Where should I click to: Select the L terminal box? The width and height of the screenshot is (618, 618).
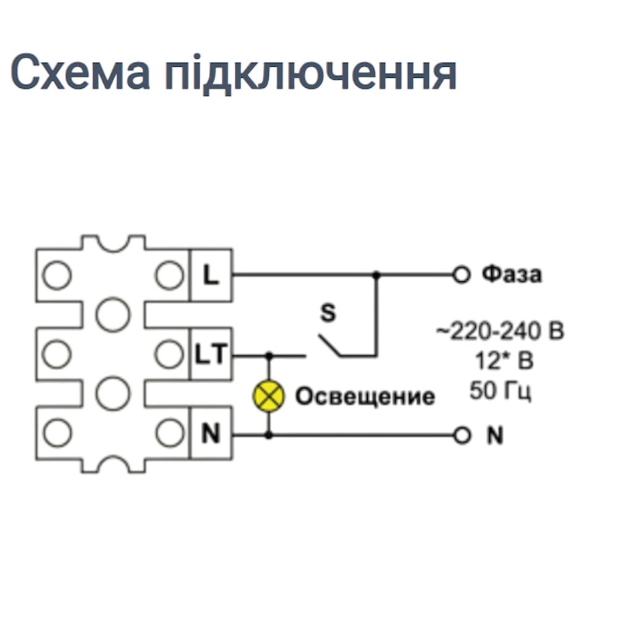pyautogui.click(x=211, y=275)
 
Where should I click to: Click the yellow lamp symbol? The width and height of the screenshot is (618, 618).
pyautogui.click(x=269, y=396)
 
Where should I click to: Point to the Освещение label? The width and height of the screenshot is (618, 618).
pyautogui.click(x=365, y=396)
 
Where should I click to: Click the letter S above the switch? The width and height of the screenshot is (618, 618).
pyautogui.click(x=328, y=313)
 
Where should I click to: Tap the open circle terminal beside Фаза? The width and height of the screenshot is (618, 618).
pyautogui.click(x=461, y=274)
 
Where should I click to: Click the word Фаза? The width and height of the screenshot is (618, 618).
pyautogui.click(x=511, y=274)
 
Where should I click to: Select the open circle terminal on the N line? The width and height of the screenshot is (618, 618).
pyautogui.click(x=461, y=436)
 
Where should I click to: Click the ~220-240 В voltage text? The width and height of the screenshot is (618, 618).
pyautogui.click(x=500, y=332)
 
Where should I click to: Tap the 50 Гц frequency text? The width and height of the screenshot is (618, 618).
pyautogui.click(x=501, y=391)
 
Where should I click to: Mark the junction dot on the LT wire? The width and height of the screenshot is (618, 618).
pyautogui.click(x=269, y=356)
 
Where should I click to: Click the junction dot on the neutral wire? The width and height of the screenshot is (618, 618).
pyautogui.click(x=269, y=436)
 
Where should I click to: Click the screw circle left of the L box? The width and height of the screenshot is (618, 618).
pyautogui.click(x=169, y=275)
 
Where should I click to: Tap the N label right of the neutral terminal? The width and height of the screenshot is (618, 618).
pyautogui.click(x=494, y=436)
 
